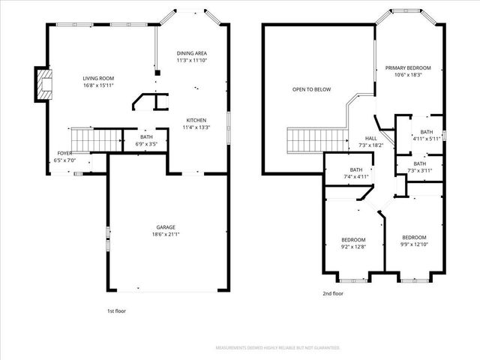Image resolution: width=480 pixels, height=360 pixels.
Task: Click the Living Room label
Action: point(98,78)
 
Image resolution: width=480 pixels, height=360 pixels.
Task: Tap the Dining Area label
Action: point(192,54)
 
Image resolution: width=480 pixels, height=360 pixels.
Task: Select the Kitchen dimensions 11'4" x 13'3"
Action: point(197,127)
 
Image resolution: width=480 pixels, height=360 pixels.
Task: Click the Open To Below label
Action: point(311,89)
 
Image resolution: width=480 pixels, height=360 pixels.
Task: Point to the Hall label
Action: point(371,139)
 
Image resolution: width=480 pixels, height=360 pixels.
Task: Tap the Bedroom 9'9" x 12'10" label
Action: point(413,240)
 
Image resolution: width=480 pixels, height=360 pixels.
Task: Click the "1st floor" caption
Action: point(117,310)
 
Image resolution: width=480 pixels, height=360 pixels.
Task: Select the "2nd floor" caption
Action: point(333,294)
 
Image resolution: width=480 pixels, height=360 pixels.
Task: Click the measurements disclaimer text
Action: point(277,348)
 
